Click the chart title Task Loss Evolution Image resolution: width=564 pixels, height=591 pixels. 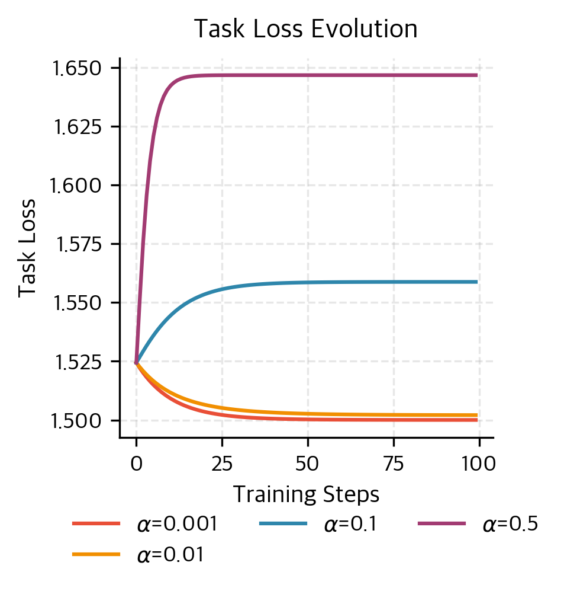[306, 30]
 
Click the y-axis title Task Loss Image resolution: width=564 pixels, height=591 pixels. [27, 247]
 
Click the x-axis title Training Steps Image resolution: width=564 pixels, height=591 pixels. [306, 494]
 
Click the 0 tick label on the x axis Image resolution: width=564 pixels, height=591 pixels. [137, 463]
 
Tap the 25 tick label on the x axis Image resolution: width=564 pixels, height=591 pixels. [222, 463]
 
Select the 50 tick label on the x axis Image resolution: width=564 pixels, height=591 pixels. [308, 463]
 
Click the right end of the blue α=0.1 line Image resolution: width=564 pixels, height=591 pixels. [476, 282]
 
